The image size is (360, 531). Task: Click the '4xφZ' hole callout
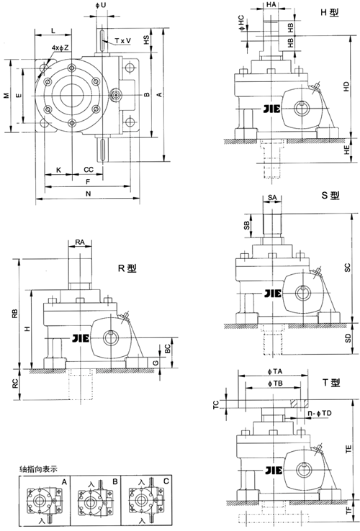pyautogui.click(x=60, y=47)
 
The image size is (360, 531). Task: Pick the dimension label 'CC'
pyautogui.click(x=88, y=170)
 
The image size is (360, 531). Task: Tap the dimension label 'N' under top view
pyautogui.click(x=88, y=194)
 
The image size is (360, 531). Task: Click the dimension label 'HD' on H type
pyautogui.click(x=346, y=85)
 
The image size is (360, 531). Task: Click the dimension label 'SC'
pyautogui.click(x=347, y=268)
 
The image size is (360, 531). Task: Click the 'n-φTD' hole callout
pyautogui.click(x=317, y=414)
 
